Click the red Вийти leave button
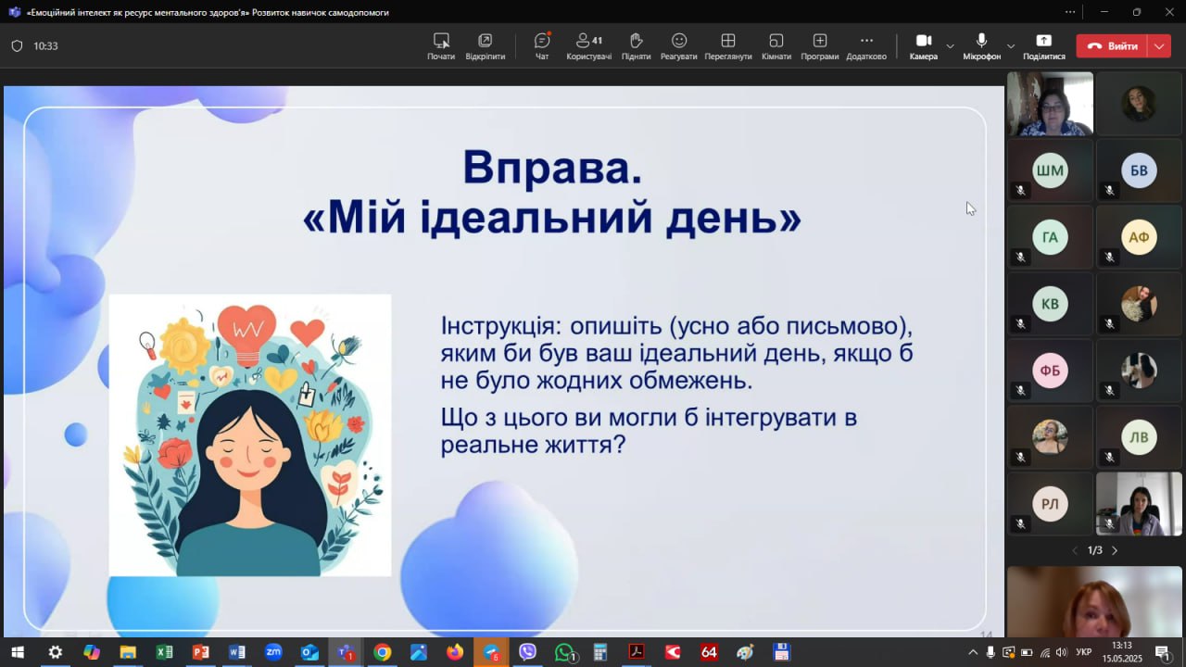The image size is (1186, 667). coord(1112,46)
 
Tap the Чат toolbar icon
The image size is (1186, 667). coord(542,41)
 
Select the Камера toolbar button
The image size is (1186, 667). coord(924,41)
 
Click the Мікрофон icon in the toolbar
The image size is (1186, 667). coord(981,41)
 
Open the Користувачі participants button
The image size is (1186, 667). coord(588,41)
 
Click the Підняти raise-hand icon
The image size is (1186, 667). coord(636,41)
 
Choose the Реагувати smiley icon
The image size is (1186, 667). coord(679,41)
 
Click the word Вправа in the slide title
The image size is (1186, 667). coord(552,168)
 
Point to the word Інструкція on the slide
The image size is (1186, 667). coord(501,325)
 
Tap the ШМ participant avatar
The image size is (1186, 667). coord(1050,170)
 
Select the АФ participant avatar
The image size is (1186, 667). coord(1139,237)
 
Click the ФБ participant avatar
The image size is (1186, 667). coord(1050,371)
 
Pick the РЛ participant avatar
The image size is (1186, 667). coord(1050,504)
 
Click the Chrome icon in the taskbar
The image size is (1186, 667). coord(382,652)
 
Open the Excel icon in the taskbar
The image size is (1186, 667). coord(164,652)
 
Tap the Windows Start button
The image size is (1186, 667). coord(18,652)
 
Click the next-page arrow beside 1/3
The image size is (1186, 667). coord(1115,550)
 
